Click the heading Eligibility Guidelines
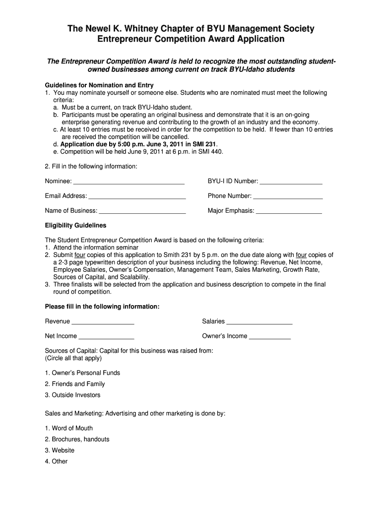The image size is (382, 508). click(x=75, y=225)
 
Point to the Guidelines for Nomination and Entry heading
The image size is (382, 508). click(x=99, y=85)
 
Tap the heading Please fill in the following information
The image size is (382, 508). click(x=102, y=307)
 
